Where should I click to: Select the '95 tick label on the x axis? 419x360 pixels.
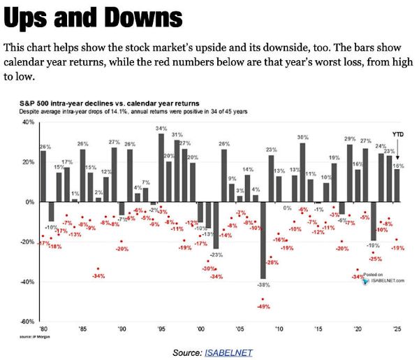(x=161, y=328)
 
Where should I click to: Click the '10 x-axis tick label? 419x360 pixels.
(x=279, y=328)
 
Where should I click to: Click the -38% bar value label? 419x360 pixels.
(x=263, y=285)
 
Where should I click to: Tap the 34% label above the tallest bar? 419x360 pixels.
(x=161, y=129)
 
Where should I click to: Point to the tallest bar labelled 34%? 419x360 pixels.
(x=161, y=168)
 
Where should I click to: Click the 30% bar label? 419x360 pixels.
(x=302, y=137)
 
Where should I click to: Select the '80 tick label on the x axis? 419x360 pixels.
(x=44, y=328)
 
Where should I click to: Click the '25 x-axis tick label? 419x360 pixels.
(x=397, y=328)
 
